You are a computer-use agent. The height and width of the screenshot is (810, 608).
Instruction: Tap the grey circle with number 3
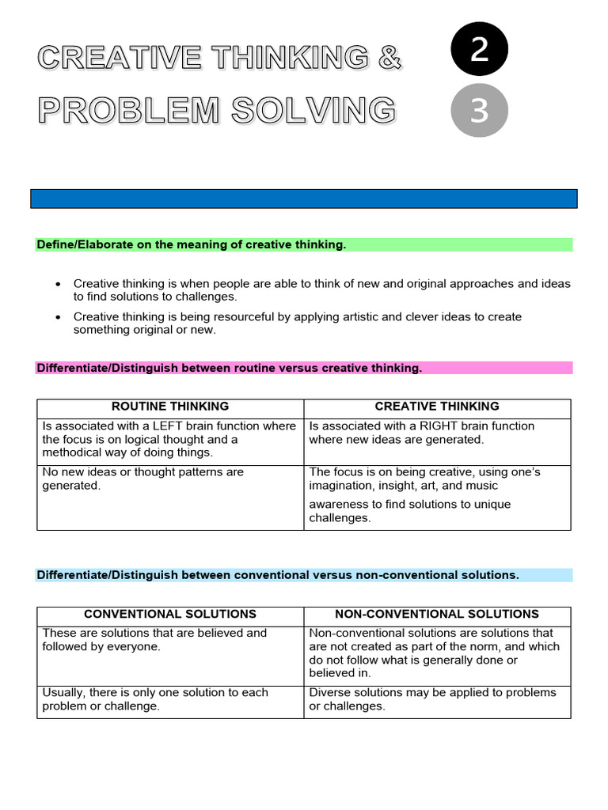coord(479,110)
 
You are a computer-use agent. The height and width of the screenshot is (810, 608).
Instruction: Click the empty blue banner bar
coord(304,199)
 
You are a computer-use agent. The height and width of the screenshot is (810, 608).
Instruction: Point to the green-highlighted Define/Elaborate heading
coord(192,245)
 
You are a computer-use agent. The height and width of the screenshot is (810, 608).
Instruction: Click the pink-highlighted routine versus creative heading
coord(230,368)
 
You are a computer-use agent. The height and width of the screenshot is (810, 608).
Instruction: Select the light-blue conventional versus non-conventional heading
coord(278,575)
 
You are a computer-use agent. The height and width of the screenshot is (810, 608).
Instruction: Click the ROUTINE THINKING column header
coord(170,407)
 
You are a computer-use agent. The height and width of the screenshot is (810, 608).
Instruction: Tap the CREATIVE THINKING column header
coord(437,407)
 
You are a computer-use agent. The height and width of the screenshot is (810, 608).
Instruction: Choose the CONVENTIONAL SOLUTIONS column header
coord(170,614)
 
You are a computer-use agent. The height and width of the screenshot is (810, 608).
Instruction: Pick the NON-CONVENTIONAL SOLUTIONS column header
coord(437,614)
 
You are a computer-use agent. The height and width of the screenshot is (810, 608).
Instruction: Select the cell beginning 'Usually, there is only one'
coord(170,699)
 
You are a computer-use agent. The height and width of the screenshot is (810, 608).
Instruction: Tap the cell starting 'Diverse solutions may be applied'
coord(437,699)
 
